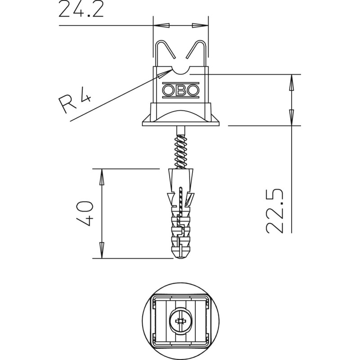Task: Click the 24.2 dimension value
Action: pyautogui.click(x=81, y=9)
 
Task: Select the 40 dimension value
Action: pyautogui.click(x=85, y=213)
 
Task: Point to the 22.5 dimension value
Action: pyautogui.click(x=274, y=211)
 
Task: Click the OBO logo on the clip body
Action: pyautogui.click(x=181, y=90)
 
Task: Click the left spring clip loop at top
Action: pyautogui.click(x=165, y=53)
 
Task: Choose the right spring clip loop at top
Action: pyautogui.click(x=196, y=53)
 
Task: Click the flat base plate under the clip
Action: pyautogui.click(x=181, y=123)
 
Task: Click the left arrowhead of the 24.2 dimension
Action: pyautogui.click(x=161, y=25)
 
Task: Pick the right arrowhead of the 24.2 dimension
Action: pyautogui.click(x=200, y=25)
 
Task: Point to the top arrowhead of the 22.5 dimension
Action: pyautogui.click(x=291, y=83)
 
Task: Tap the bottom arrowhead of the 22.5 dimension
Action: pyautogui.click(x=291, y=117)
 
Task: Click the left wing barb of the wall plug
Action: pyautogui.click(x=171, y=198)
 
